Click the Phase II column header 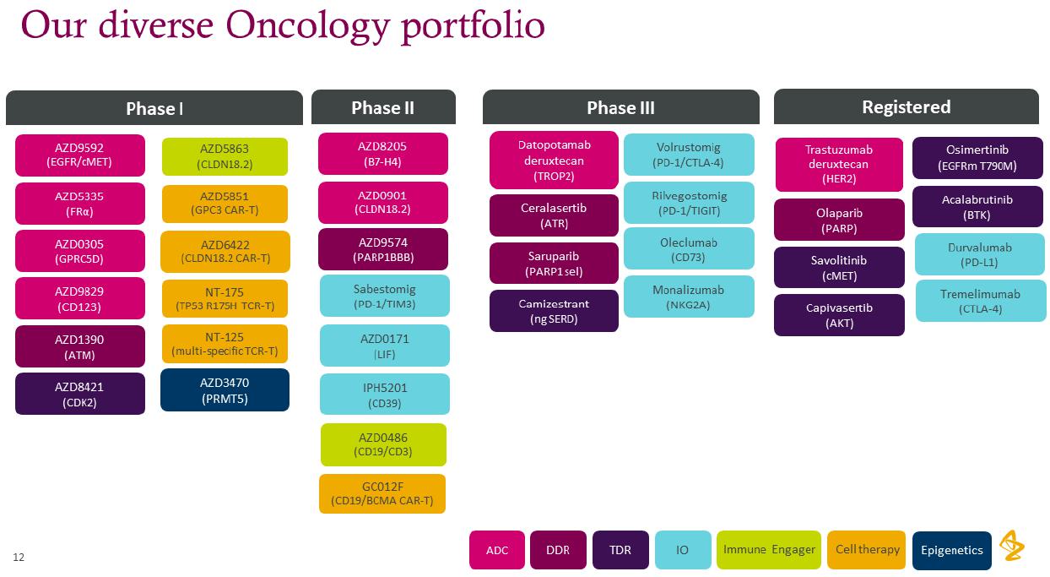pos(383,107)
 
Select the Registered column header pos(906,106)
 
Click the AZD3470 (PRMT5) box pos(225,390)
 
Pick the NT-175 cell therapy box pos(225,299)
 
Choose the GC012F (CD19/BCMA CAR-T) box pos(382,493)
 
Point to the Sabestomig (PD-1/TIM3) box pos(384,297)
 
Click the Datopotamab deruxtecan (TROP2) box pos(554,161)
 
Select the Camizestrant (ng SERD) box pos(554,311)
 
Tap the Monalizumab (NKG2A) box pos(689,297)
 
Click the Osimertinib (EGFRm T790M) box pos(977,158)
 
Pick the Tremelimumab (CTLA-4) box pos(981,302)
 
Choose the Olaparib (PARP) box pos(839,220)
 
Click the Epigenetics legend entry pos(951,550)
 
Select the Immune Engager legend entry pos(769,550)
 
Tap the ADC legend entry pos(497,550)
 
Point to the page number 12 pos(19,558)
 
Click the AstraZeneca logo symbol pos(1012,547)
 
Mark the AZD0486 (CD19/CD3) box pos(383,444)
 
